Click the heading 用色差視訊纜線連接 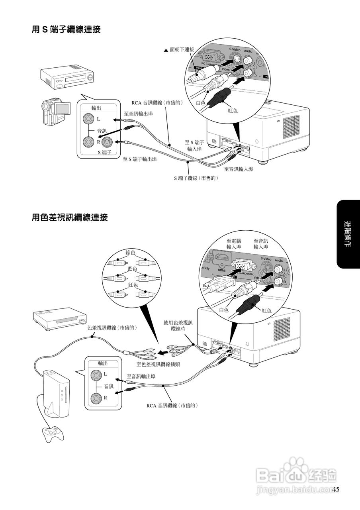(70, 218)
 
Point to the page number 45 (336, 490)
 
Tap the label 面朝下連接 (182, 50)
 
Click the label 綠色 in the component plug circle (131, 253)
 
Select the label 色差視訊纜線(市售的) (112, 328)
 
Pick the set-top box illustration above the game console (60, 318)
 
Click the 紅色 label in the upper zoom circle (233, 110)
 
